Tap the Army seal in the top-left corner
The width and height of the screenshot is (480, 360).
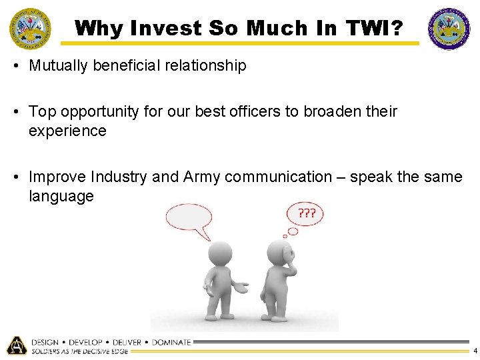(x=29, y=29)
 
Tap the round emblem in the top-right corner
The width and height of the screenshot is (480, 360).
(x=449, y=29)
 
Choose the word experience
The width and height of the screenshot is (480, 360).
(x=67, y=131)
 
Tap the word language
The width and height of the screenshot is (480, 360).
(x=61, y=196)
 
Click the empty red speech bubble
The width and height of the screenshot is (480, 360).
(x=189, y=219)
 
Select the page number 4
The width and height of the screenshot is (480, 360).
(x=475, y=351)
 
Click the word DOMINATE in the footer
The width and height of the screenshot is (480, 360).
(x=171, y=342)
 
